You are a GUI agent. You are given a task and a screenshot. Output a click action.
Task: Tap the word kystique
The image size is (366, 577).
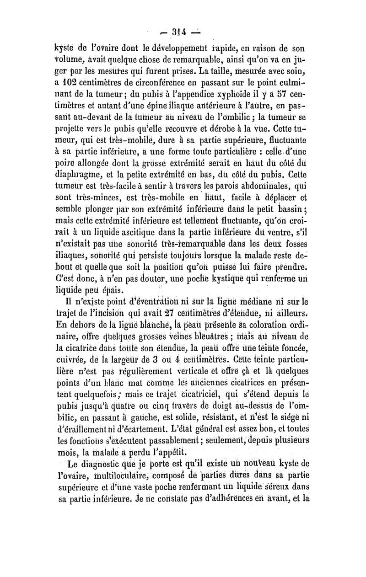click(234, 277)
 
